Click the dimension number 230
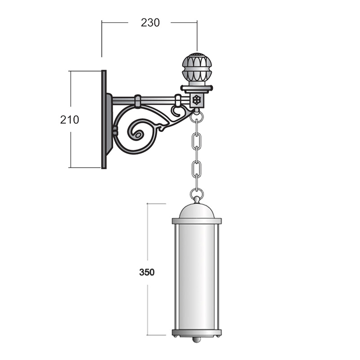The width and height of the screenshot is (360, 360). pyautogui.click(x=150, y=23)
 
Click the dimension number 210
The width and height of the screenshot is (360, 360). pyautogui.click(x=70, y=120)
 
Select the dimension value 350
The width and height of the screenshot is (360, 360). pyautogui.click(x=147, y=272)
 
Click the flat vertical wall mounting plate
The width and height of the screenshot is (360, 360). pyautogui.click(x=104, y=119)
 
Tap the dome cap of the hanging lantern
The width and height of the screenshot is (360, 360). pyautogui.click(x=197, y=211)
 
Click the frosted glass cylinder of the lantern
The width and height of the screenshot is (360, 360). pyautogui.click(x=197, y=277)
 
